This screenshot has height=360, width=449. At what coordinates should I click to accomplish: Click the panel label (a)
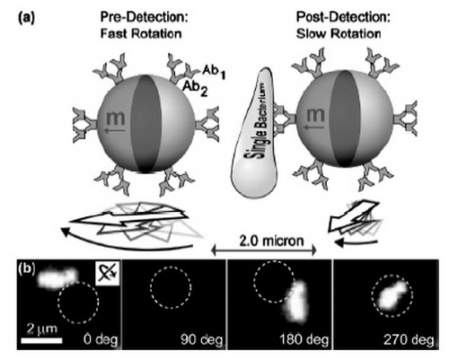coord(27,18)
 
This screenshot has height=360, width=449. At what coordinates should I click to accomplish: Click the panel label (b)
coord(27,268)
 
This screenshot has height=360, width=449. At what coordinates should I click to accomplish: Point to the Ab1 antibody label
coord(214,72)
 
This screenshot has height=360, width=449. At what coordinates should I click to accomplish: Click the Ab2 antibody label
coord(195,88)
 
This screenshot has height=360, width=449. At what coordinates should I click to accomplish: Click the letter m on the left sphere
coord(115,117)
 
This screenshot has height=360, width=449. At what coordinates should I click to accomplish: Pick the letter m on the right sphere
coord(315,115)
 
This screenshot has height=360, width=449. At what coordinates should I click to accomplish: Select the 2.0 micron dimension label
coord(272,241)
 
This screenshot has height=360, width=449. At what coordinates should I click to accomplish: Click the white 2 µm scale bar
coord(41,341)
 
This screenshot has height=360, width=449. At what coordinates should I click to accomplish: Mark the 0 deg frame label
coord(101,339)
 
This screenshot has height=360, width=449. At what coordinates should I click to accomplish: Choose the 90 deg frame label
coord(202,339)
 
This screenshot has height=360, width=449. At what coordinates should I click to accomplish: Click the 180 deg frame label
coord(304,339)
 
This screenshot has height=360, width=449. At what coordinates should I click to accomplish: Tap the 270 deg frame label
coord(409,339)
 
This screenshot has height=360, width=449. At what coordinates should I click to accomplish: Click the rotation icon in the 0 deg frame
coord(107,273)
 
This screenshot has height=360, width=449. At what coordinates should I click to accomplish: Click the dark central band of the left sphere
coord(146,123)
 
